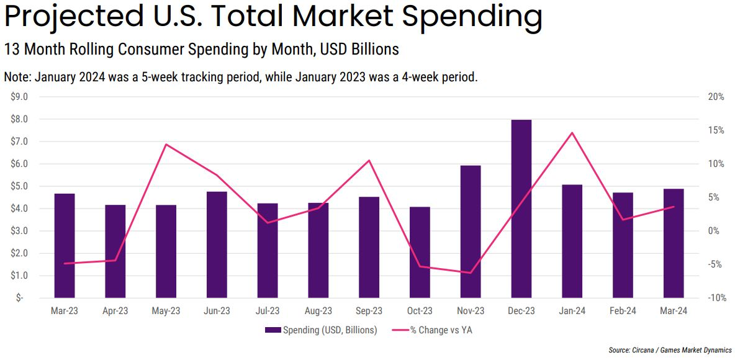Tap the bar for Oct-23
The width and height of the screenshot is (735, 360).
click(x=420, y=252)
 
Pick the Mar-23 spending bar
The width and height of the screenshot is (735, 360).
click(x=65, y=245)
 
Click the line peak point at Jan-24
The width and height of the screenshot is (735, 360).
click(x=572, y=133)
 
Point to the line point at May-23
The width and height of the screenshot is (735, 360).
click(x=166, y=145)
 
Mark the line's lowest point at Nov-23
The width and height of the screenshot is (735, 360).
click(x=471, y=272)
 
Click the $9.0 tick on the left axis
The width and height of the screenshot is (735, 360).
click(x=19, y=97)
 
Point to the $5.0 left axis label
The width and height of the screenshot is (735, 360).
click(x=19, y=186)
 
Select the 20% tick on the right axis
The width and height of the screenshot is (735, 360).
click(x=716, y=97)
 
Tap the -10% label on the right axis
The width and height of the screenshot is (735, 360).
click(x=715, y=298)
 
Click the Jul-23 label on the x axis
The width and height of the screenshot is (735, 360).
click(x=268, y=311)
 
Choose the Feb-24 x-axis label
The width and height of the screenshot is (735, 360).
click(x=623, y=311)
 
